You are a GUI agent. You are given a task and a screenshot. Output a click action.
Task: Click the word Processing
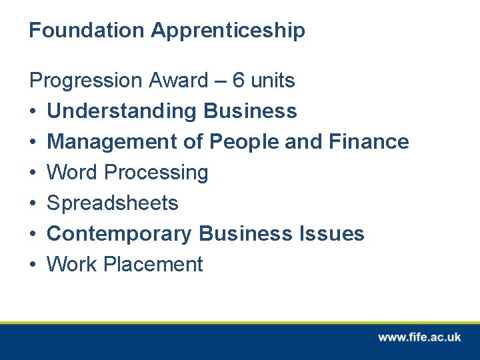pos(157,173)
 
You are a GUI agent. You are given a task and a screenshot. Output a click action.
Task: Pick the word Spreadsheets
pos(113,203)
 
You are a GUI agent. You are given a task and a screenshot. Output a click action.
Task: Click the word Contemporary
pos(119,234)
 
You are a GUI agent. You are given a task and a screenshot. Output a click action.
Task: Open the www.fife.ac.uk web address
pos(419,337)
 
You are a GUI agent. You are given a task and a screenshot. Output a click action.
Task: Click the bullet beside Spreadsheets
pos(33,203)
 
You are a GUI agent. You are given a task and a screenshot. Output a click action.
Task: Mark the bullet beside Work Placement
pos(33,265)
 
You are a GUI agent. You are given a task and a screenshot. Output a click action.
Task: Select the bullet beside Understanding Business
pos(33,111)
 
